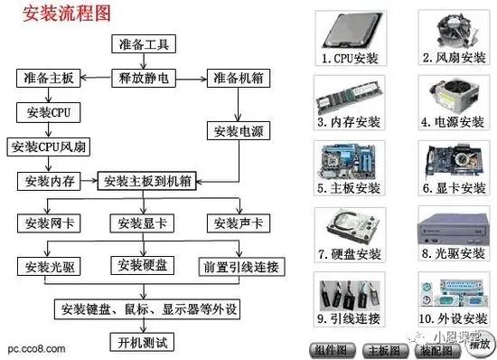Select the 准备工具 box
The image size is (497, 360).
(x=143, y=45)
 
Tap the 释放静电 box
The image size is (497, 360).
(x=143, y=79)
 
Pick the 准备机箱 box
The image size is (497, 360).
(x=237, y=79)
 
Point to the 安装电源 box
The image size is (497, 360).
(x=237, y=132)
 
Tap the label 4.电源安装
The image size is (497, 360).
(x=453, y=121)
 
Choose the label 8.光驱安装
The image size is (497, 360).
(x=453, y=253)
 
